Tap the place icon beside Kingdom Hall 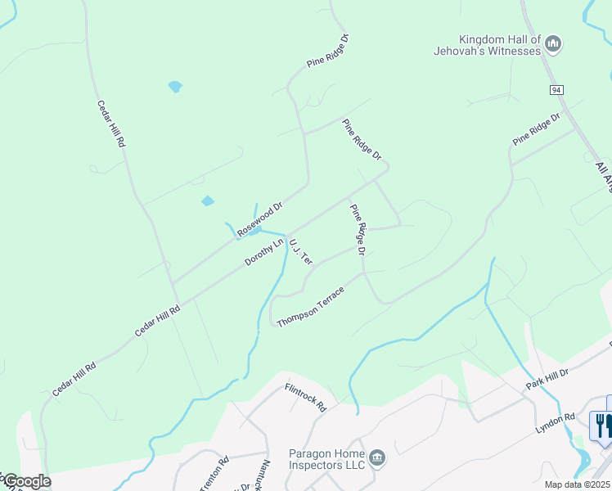tap(553, 43)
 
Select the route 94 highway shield tap(556, 88)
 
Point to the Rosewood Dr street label tap(259, 219)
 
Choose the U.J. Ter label tap(301, 251)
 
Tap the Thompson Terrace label tap(310, 306)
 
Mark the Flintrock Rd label tap(306, 397)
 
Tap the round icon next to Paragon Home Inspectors tap(377, 455)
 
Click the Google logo tap(26, 481)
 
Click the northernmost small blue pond tap(174, 85)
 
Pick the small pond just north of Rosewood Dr tap(208, 200)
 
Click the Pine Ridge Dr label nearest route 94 tap(536, 129)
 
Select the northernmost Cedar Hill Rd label tap(111, 124)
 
